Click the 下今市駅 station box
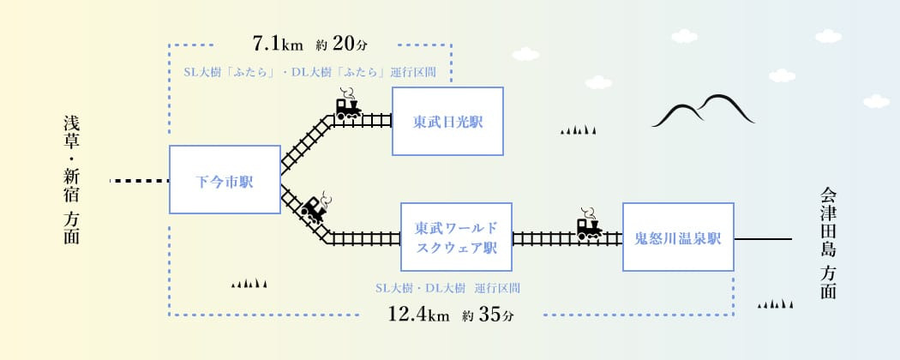click(225, 180)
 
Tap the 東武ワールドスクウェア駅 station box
click(456, 237)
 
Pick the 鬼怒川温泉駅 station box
click(678, 237)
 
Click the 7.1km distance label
click(279, 42)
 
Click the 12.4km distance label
click(418, 315)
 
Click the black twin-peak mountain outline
click(701, 111)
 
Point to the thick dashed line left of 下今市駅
click(140, 181)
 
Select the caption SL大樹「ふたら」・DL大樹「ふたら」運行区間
click(310, 72)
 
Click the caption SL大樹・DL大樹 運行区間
click(447, 288)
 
